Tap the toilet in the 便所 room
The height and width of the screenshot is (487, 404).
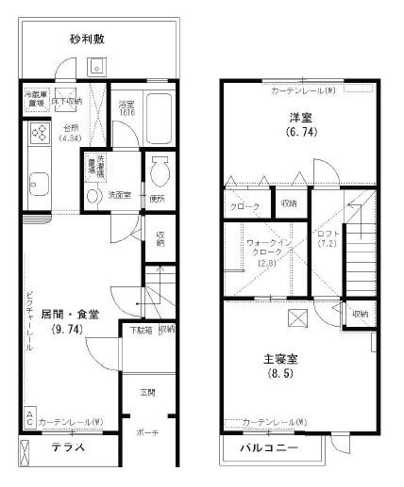coord(158,172)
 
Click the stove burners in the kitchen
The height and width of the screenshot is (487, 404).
coord(42,134)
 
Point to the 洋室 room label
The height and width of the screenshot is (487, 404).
coord(300,119)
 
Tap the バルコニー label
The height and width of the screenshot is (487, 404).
coord(269,447)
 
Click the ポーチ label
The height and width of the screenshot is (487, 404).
coord(148,432)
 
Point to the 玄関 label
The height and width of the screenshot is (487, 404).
coord(147,392)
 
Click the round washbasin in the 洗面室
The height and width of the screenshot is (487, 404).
coord(93,195)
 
